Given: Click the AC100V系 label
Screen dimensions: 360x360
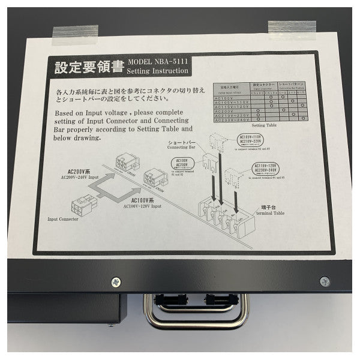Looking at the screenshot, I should click(x=148, y=200).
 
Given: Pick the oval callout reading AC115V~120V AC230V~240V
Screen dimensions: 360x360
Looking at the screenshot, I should click(x=268, y=169).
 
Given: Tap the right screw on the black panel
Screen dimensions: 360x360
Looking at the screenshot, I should click(x=324, y=280).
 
